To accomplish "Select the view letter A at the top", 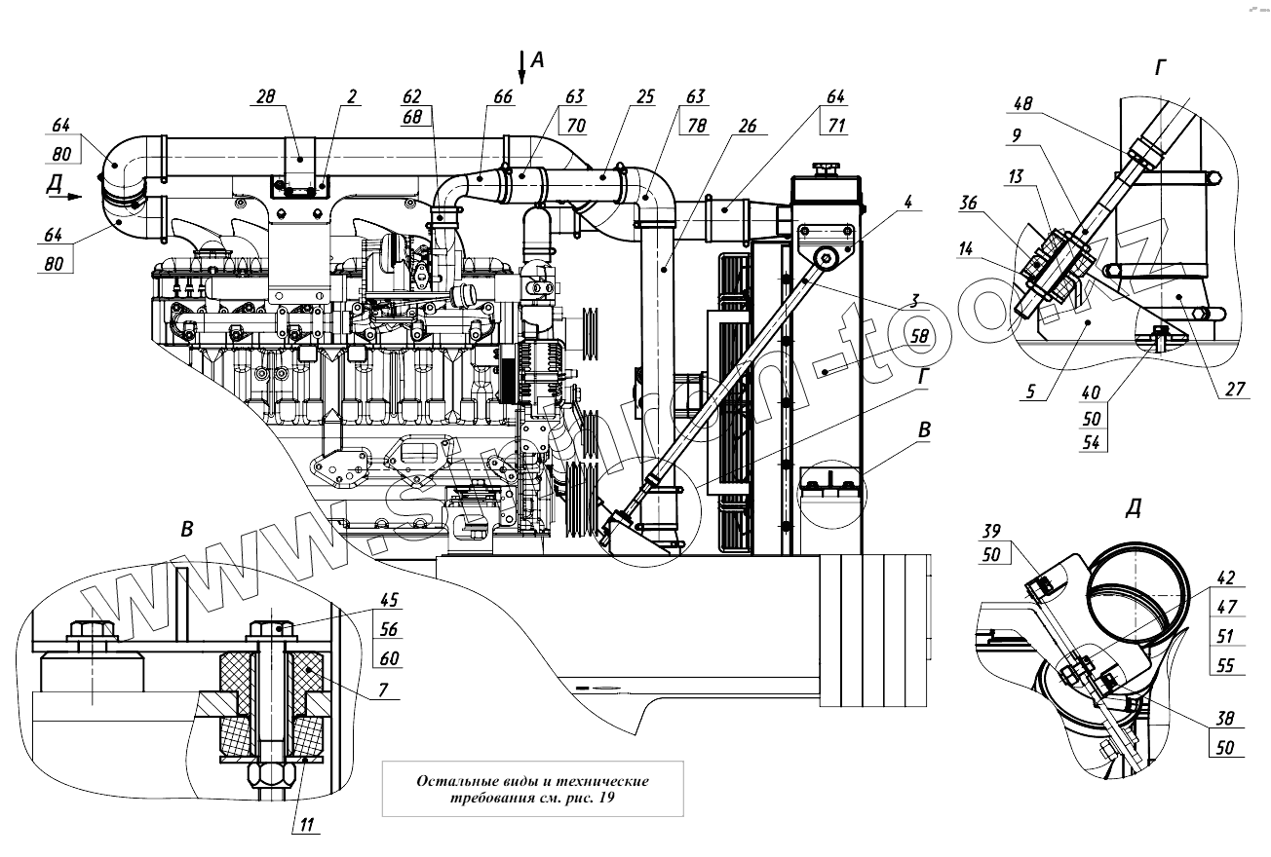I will coord(538,60).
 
